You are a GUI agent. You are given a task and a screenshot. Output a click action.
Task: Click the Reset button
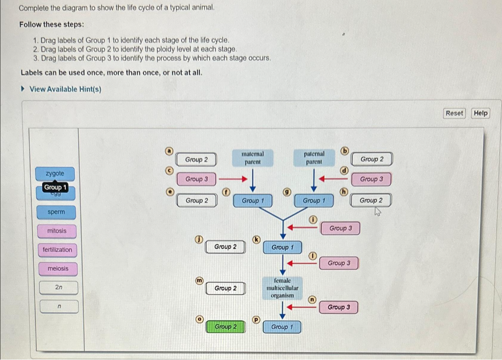454,113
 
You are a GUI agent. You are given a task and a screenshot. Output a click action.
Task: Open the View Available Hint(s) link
65,89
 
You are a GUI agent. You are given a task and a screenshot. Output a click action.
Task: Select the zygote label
55,174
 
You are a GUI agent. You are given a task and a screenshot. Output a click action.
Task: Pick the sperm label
56,212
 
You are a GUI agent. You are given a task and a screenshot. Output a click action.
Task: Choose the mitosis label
56,231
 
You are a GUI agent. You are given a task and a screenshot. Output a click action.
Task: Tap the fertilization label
57,250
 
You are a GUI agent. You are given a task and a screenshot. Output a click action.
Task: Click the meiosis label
58,268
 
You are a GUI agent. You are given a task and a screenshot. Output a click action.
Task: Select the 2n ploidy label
59,288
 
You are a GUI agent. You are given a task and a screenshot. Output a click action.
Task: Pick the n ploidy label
59,306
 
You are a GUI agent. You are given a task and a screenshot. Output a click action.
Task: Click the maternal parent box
253,158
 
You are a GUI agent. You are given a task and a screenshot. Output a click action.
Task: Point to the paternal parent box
314,158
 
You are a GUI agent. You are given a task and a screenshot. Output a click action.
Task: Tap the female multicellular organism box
282,288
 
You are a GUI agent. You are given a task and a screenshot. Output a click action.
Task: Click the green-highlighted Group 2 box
225,327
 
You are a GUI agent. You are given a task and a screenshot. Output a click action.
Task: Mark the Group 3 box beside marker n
338,307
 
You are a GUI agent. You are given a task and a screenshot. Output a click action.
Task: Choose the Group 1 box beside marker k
282,248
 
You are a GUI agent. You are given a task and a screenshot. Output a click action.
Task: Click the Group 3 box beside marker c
197,179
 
